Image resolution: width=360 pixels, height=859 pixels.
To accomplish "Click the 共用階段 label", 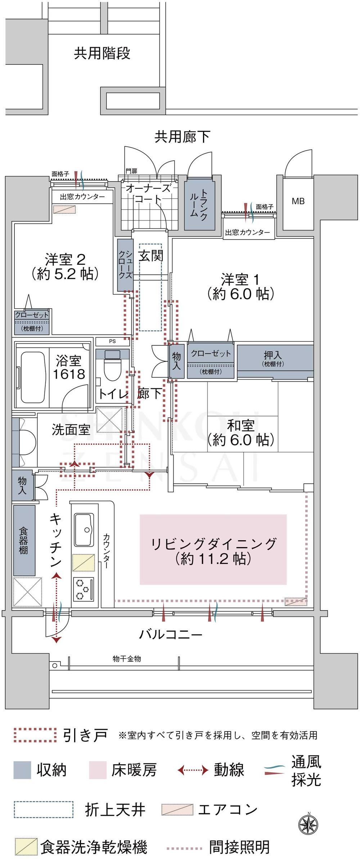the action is [102, 53].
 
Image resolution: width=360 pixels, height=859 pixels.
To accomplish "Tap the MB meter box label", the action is [298, 202].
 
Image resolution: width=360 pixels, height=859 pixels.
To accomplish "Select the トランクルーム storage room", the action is [200, 205].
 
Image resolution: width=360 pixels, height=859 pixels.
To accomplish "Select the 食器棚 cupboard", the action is [24, 540].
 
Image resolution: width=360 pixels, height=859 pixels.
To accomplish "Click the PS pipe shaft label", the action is [112, 341].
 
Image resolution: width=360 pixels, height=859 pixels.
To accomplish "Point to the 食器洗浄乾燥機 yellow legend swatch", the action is [26, 846].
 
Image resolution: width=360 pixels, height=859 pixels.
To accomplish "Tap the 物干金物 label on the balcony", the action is [127, 659].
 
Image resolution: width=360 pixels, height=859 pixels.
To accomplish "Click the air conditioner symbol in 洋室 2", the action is [65, 209].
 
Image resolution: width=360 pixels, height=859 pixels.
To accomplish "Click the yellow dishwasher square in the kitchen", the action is [84, 562].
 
